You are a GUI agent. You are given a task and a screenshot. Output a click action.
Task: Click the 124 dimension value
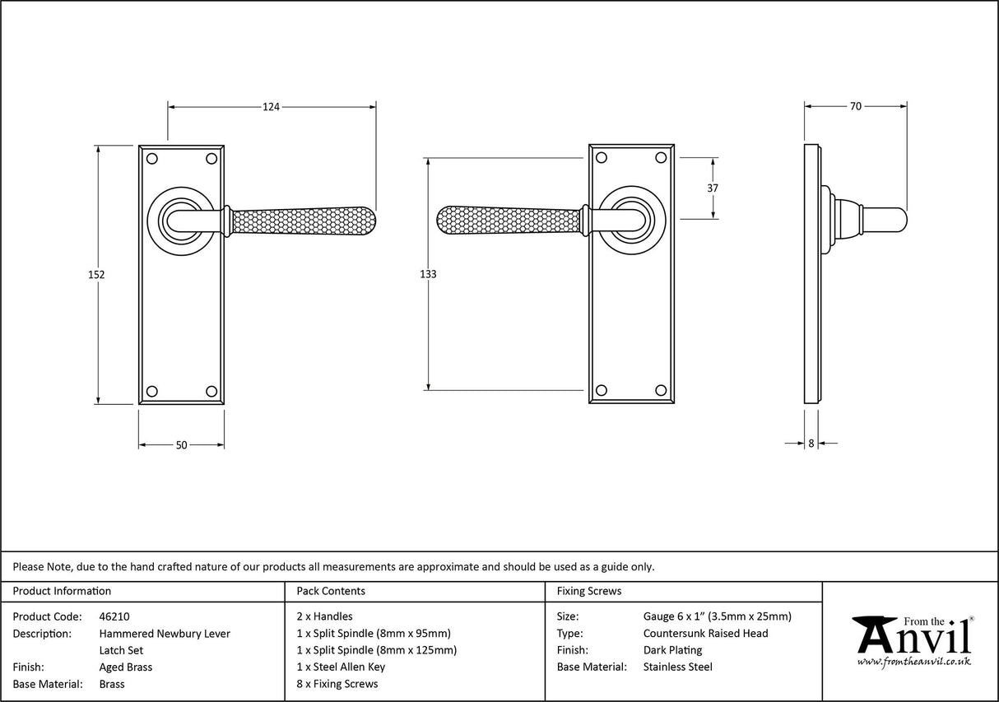[x=272, y=106]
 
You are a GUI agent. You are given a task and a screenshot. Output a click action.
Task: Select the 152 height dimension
[x=96, y=275]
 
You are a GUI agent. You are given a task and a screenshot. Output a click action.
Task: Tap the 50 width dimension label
[x=181, y=445]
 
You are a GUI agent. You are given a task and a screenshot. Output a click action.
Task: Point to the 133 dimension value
[x=427, y=274]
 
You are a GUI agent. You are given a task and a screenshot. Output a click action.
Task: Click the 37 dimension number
[x=713, y=188]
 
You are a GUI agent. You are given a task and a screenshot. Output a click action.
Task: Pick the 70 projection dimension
[x=855, y=106]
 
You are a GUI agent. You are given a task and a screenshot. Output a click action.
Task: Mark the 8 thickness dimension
[x=811, y=444]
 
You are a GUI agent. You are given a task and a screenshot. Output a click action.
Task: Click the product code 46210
[x=114, y=616]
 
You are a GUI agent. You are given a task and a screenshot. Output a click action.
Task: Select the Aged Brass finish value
[x=125, y=667]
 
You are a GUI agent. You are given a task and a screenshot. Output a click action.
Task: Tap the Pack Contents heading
[x=330, y=591]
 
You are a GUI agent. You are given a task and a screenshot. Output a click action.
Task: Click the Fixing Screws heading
[x=589, y=591]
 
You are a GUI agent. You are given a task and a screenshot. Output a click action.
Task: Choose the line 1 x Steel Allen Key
[x=341, y=667]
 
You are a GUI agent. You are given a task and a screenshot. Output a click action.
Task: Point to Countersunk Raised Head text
[x=705, y=634]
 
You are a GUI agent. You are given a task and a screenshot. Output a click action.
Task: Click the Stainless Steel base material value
[x=677, y=667]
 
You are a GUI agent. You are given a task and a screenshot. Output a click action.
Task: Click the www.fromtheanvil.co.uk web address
[x=913, y=662]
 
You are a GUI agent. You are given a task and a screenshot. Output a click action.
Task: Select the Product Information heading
[x=62, y=591]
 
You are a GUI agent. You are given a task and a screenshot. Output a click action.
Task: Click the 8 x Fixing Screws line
[x=337, y=684]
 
